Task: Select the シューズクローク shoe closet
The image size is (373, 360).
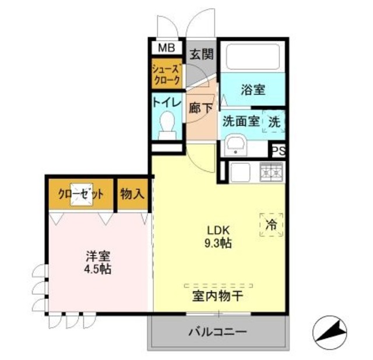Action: [167, 74]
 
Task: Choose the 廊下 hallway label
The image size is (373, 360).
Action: [201, 107]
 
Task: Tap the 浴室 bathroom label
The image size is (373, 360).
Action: [253, 90]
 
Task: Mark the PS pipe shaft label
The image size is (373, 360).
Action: [279, 150]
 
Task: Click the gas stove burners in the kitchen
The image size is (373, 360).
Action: [270, 172]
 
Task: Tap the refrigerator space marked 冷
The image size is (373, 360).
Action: [271, 224]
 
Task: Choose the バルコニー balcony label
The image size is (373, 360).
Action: [217, 333]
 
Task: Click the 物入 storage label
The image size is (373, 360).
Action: [132, 195]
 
